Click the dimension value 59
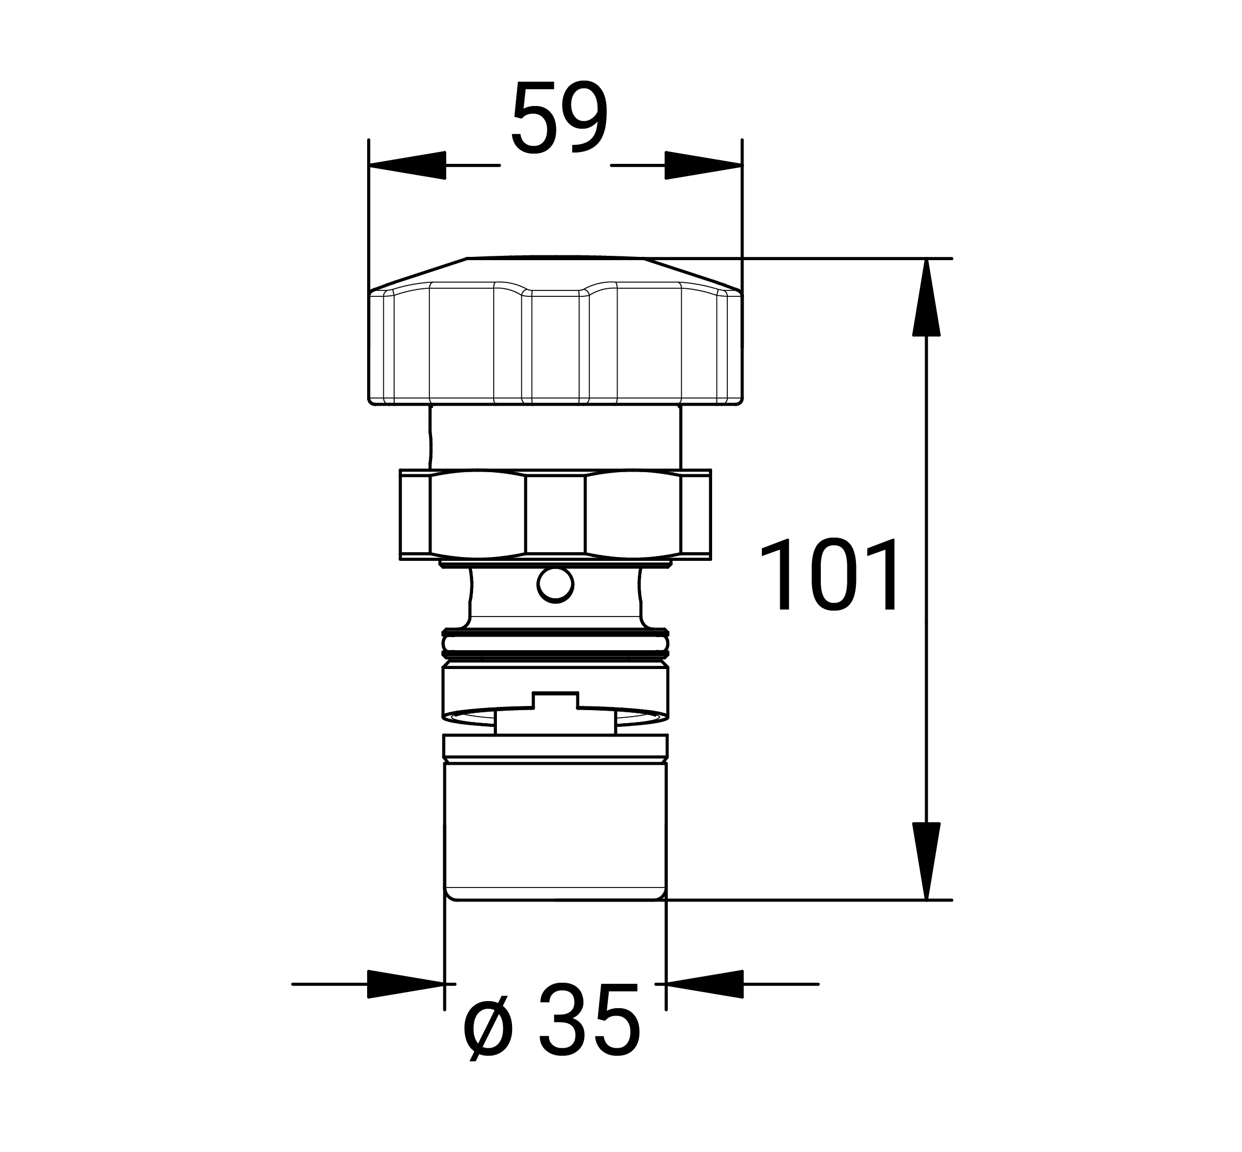559,118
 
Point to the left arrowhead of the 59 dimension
408,165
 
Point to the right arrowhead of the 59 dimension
703,165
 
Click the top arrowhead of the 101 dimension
926,297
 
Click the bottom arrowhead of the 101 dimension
926,861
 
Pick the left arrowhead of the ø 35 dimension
406,984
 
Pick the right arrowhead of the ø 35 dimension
705,984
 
